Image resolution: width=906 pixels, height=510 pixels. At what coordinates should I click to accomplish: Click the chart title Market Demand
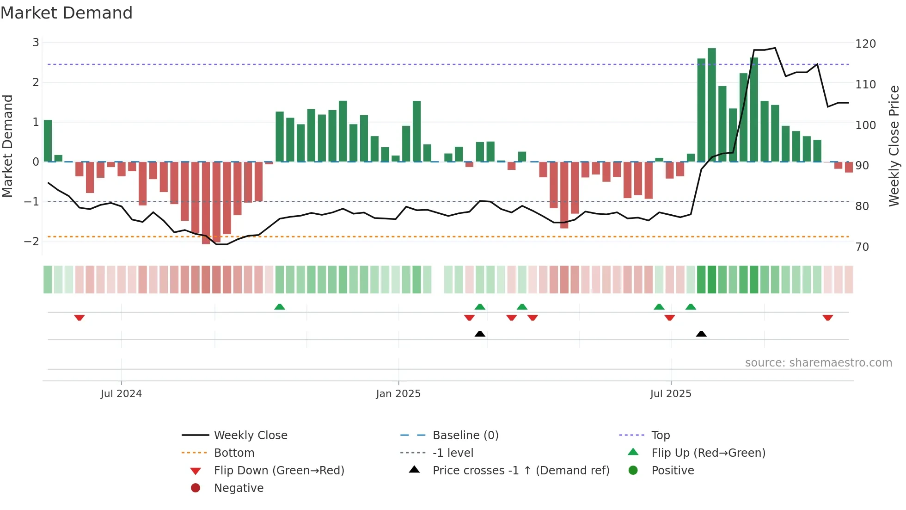[x=67, y=13]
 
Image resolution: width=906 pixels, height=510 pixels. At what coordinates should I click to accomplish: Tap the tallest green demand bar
[x=711, y=105]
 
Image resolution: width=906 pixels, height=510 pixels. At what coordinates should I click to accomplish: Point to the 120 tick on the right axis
[x=865, y=44]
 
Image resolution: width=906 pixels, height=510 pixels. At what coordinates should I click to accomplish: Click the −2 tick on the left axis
[x=32, y=242]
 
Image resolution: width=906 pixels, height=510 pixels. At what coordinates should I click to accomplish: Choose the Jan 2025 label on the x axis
[x=398, y=394]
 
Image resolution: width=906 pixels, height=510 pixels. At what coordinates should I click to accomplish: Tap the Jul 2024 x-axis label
[x=121, y=394]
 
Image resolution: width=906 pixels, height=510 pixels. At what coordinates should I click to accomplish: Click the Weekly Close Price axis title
[x=894, y=146]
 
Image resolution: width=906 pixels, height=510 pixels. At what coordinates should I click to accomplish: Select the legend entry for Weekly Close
[x=250, y=435]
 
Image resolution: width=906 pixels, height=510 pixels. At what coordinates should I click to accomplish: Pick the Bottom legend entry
[x=234, y=453]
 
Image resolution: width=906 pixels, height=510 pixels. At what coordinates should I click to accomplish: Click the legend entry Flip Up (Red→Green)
[x=708, y=453]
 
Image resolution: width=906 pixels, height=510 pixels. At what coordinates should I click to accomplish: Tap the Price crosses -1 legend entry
[x=520, y=471]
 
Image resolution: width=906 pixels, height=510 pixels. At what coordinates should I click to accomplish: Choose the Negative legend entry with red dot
[x=239, y=488]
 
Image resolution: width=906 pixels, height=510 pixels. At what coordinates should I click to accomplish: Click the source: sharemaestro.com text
[x=818, y=363]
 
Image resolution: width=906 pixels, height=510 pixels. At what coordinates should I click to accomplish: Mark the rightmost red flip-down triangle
[x=827, y=318]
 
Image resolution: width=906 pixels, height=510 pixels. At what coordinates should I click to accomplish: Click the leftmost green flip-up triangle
[x=279, y=307]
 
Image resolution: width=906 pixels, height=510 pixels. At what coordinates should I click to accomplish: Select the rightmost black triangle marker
[x=701, y=334]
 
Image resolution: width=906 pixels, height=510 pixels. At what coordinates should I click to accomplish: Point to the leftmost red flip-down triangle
[x=79, y=318]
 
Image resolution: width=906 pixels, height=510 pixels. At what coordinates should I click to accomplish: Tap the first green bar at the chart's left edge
[x=48, y=141]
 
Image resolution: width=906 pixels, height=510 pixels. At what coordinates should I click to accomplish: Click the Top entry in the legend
[x=660, y=435]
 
